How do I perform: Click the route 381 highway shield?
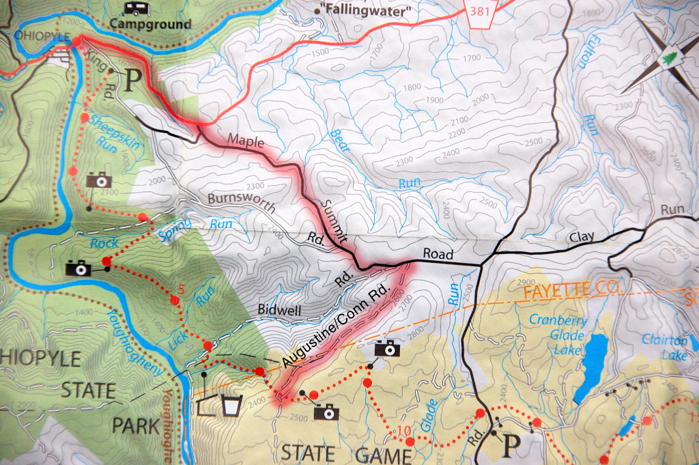pos(481,12)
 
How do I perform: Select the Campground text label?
pos(150,25)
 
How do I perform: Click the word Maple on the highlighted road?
pos(246,140)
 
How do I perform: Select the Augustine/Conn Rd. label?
pos(337,326)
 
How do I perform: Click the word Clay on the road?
pos(582,237)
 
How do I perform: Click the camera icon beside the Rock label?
pos(79,268)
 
